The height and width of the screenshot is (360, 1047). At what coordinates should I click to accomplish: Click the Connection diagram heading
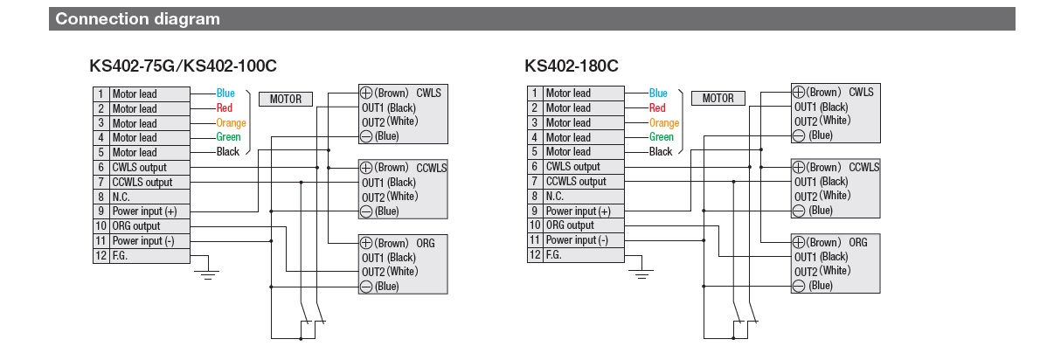click(137, 18)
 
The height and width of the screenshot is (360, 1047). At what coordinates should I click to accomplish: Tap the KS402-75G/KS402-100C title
click(184, 66)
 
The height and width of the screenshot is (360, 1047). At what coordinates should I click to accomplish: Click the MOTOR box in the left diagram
click(285, 99)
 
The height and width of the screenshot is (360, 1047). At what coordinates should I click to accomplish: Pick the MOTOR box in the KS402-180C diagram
click(718, 98)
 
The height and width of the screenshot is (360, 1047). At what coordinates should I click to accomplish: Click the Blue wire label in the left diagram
click(225, 93)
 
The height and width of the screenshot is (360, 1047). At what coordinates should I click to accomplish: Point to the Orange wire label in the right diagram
click(664, 123)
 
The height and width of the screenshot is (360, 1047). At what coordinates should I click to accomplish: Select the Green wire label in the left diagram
click(228, 137)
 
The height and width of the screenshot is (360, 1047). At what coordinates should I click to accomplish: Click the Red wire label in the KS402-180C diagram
click(657, 108)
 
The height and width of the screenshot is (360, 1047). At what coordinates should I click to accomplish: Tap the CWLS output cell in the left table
click(139, 167)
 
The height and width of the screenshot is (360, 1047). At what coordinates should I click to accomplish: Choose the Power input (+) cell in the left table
click(144, 211)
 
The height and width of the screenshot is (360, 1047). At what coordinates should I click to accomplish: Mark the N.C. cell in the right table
click(557, 197)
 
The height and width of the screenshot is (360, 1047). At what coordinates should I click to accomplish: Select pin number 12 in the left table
click(101, 256)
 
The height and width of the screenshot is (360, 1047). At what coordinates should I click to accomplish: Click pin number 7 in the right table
click(534, 181)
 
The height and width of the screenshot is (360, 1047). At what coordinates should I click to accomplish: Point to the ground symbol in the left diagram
click(208, 273)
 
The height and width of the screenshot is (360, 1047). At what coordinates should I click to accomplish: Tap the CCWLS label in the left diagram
click(431, 167)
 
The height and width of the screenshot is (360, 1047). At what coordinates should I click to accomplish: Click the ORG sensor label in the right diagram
click(858, 242)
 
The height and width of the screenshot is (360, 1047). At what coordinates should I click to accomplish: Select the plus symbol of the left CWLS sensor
click(366, 93)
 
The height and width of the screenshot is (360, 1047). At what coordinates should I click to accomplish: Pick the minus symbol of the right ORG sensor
click(799, 286)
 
